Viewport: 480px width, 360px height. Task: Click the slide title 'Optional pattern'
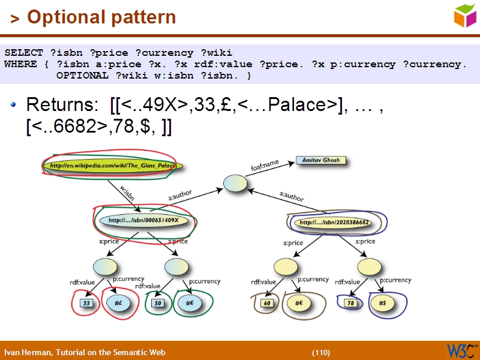101,17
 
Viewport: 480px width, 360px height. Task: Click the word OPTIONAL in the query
81,76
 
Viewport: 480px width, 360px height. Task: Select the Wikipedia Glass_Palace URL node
112,166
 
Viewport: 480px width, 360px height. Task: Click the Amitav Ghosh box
322,161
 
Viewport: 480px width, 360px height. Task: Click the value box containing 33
86,304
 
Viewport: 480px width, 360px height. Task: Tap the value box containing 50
158,304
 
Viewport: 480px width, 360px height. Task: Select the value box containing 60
268,304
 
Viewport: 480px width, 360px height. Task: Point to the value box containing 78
350,304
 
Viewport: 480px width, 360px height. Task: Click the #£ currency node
119,304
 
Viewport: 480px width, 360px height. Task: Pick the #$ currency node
382,304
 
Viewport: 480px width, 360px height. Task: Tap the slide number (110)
320,352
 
